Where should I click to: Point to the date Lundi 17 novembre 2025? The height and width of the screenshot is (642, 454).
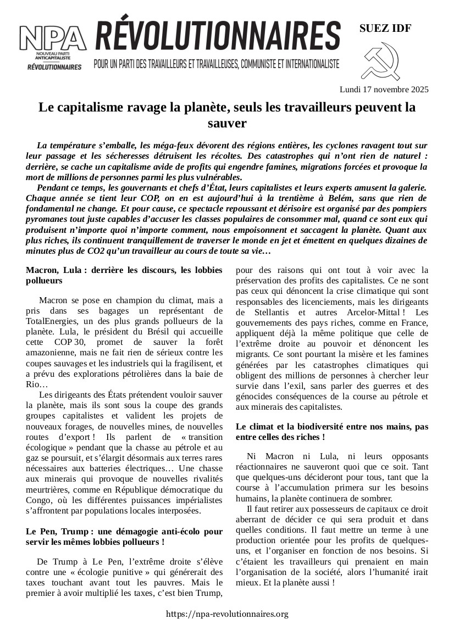[x=384, y=89]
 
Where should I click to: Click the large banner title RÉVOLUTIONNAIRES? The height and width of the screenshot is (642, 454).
[x=218, y=36]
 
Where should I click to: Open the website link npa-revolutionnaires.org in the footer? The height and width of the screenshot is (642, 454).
[x=226, y=614]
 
